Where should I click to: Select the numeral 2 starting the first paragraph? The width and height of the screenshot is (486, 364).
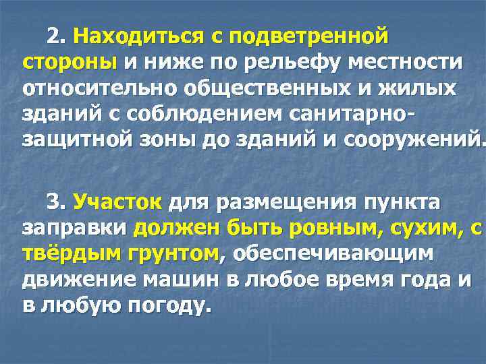click(53, 36)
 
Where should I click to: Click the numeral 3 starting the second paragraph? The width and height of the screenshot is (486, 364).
click(53, 202)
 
